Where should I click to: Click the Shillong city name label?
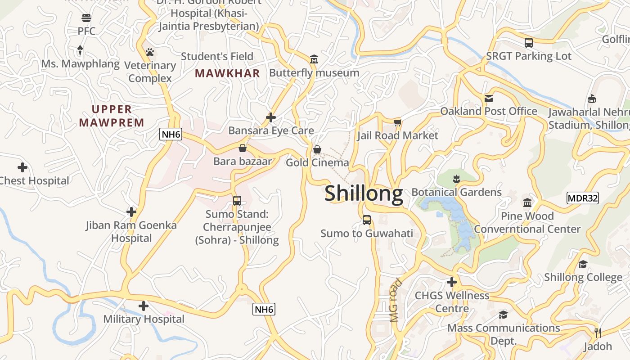pyautogui.click(x=364, y=193)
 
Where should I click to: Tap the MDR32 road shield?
pyautogui.click(x=582, y=198)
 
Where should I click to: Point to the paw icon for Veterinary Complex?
pyautogui.click(x=150, y=53)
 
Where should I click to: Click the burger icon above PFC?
pyautogui.click(x=86, y=18)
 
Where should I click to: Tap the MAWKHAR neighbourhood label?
pyautogui.click(x=227, y=73)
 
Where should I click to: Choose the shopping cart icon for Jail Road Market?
pyautogui.click(x=397, y=122)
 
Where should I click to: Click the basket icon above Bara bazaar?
pyautogui.click(x=243, y=148)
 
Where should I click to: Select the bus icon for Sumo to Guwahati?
pyautogui.click(x=367, y=220)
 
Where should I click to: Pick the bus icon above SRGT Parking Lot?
pyautogui.click(x=529, y=43)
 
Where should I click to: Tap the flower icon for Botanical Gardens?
pyautogui.click(x=456, y=179)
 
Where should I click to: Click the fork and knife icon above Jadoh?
pyautogui.click(x=598, y=333)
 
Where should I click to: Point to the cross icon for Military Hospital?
pyautogui.click(x=144, y=306)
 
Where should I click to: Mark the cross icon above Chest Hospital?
pyautogui.click(x=22, y=168)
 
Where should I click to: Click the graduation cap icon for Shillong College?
pyautogui.click(x=583, y=264)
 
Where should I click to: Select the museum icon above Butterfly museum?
pyautogui.click(x=314, y=59)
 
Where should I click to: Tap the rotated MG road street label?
pyautogui.click(x=395, y=301)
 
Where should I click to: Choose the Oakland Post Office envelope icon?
pyautogui.click(x=489, y=98)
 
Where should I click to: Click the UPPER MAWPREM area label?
pyautogui.click(x=112, y=116)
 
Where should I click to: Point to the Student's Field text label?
pyautogui.click(x=217, y=56)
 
